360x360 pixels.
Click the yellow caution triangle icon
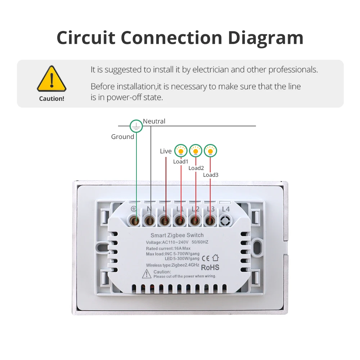point(51,79)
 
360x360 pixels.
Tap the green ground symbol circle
point(136,126)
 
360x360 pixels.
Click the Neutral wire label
point(154,121)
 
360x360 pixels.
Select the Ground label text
point(122,137)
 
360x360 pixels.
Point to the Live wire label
point(166,151)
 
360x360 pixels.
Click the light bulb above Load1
point(181,151)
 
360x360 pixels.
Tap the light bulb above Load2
point(195,151)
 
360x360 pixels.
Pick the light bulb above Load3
point(211,151)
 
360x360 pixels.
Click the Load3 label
point(211,175)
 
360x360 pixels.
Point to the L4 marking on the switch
point(226,209)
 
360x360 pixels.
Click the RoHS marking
point(210,267)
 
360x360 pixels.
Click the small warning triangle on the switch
point(147,274)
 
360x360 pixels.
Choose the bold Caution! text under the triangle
point(51,99)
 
